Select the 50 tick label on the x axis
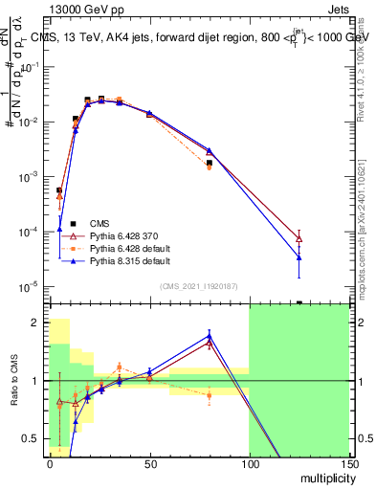pos(149,463)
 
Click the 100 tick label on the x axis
pos(249,463)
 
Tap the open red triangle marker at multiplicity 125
pos(299,238)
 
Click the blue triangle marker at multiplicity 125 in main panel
pos(299,256)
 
